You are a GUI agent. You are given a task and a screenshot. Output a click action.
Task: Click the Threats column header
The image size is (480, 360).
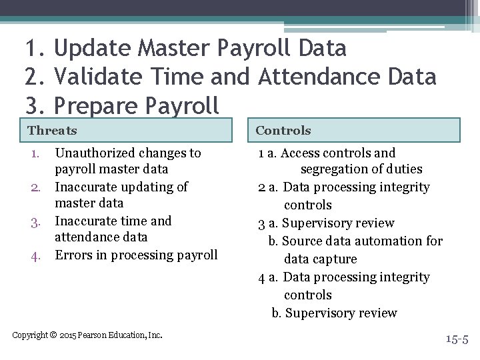coord(52,131)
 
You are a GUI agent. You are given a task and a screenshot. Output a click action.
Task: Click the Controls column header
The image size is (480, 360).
coord(283,131)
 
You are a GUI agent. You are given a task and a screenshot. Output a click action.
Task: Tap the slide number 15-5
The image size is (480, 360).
coord(457,340)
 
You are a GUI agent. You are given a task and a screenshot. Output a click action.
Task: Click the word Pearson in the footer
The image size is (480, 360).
coord(97,335)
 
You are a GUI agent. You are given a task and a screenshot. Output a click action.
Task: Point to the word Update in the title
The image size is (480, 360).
coord(93,49)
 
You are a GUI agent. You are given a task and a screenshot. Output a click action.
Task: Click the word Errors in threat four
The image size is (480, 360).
coord(72,255)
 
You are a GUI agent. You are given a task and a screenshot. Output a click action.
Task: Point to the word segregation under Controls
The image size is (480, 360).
coord(337,170)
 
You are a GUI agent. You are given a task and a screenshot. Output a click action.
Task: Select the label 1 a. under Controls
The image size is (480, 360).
coord(268,153)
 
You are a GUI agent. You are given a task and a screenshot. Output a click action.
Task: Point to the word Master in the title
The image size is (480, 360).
coord(176,49)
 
